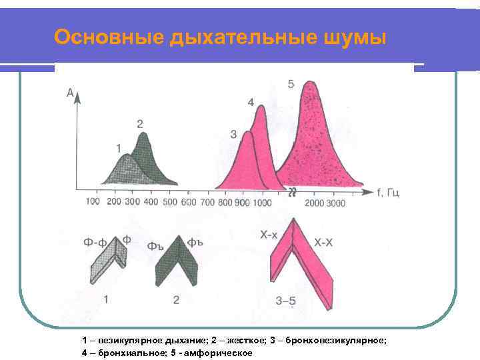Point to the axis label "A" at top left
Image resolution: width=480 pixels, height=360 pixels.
pos(70,94)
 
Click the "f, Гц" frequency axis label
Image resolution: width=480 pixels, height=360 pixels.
pos(388,193)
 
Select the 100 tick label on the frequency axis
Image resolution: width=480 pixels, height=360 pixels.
pos(93,202)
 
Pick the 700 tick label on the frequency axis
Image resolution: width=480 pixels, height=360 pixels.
pos(207,202)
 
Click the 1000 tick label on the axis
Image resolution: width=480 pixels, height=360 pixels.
pos(263,202)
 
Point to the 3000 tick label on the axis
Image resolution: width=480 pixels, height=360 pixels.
pos(335,203)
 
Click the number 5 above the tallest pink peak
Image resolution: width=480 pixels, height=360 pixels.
pos(291,84)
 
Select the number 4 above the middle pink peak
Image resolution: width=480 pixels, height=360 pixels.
pos(251,102)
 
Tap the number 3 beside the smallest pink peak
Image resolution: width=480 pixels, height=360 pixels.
pos(233,134)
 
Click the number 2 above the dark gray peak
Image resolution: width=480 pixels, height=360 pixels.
pos(140,123)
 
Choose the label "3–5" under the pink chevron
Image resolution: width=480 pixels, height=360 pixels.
pos(286,301)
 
